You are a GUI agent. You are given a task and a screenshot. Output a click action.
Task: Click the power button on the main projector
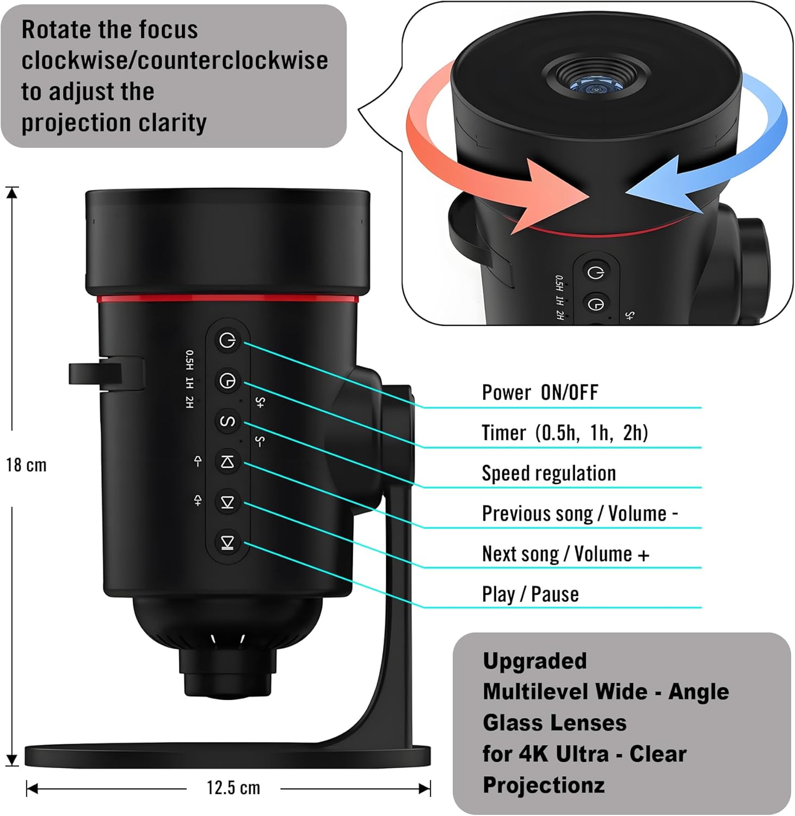[227, 341]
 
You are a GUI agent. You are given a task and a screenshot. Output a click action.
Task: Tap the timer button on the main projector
[227, 381]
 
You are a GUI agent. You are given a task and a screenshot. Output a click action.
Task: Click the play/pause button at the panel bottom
[227, 542]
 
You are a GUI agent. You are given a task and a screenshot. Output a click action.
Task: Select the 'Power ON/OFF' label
[540, 392]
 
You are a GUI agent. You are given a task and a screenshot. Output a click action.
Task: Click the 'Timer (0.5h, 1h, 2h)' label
[565, 433]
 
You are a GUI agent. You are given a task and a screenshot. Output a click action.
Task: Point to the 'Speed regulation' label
[549, 473]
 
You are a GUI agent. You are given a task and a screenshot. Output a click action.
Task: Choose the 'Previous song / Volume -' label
[580, 514]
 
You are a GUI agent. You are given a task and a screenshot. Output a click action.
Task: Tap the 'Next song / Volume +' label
[566, 554]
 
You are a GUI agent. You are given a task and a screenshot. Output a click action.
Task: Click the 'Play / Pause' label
[531, 594]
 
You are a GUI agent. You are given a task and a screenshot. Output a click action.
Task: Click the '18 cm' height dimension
[26, 465]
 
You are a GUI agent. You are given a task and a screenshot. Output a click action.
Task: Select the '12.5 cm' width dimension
[233, 788]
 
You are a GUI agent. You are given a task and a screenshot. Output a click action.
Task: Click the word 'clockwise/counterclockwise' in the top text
[175, 60]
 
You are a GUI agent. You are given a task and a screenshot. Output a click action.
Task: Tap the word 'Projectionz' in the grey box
[544, 785]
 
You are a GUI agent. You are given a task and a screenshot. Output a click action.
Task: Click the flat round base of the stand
[228, 756]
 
